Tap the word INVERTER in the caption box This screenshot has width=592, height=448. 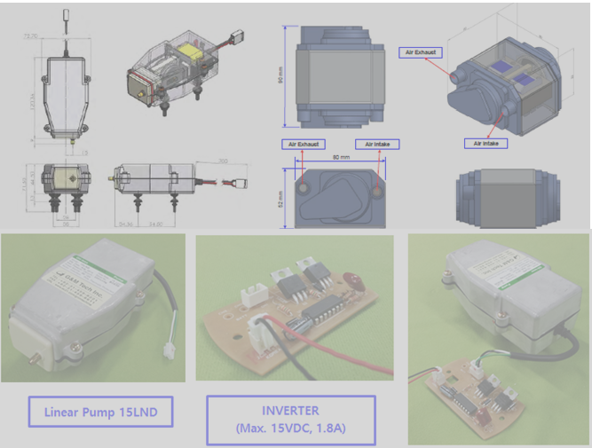[x=290, y=412]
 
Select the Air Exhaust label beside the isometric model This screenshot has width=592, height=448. [x=422, y=52]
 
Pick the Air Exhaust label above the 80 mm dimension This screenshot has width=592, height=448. [x=303, y=144]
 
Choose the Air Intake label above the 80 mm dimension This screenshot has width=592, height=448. [x=377, y=144]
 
